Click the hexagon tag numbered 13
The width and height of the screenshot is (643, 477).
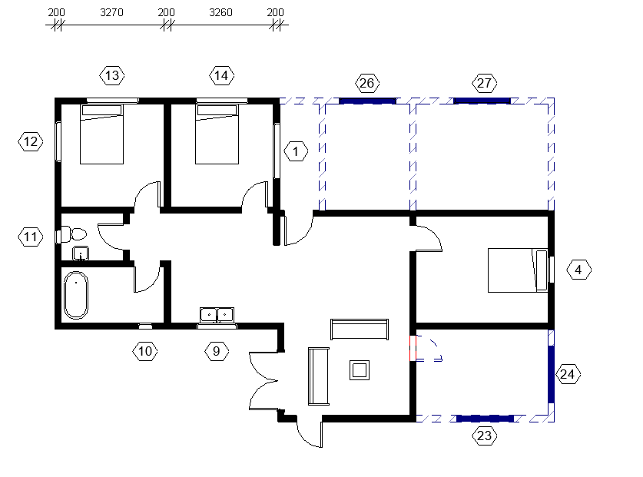113,75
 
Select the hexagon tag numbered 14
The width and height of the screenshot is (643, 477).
222,75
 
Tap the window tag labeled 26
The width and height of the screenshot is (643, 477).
367,83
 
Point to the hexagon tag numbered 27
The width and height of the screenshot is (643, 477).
485,83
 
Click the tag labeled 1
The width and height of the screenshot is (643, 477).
296,151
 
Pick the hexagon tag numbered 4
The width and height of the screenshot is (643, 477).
578,270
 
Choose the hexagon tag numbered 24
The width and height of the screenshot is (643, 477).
568,374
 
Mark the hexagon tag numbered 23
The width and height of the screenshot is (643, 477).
484,436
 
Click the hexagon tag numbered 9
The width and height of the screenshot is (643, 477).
217,351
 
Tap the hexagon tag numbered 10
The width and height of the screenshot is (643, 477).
145,351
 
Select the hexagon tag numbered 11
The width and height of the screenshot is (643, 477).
30,237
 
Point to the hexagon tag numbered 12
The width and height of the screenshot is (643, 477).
30,141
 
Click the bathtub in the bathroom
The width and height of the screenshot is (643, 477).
76,295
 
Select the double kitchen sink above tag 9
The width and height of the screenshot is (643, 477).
217,314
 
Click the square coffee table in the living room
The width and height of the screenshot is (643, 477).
360,370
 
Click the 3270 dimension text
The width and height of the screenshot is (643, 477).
112,13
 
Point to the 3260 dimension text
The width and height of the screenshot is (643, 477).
220,13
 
